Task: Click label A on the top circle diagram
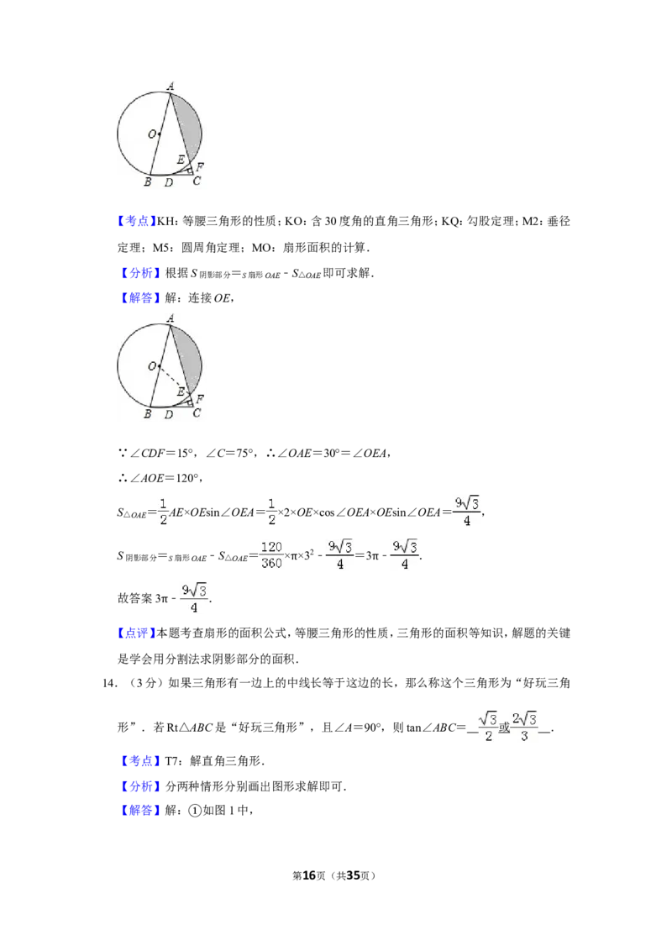click(x=171, y=87)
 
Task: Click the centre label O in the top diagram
click(x=152, y=134)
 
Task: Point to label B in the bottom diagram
click(x=147, y=414)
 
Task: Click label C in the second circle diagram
click(x=197, y=413)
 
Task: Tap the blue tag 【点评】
click(x=136, y=633)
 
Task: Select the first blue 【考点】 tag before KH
click(x=136, y=222)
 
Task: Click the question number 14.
click(x=108, y=684)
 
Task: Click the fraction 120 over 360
click(x=271, y=555)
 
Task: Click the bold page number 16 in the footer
click(x=309, y=875)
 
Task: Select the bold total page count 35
click(x=353, y=875)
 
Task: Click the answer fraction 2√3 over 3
click(x=524, y=727)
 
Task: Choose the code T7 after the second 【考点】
click(x=171, y=761)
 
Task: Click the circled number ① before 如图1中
click(x=195, y=811)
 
